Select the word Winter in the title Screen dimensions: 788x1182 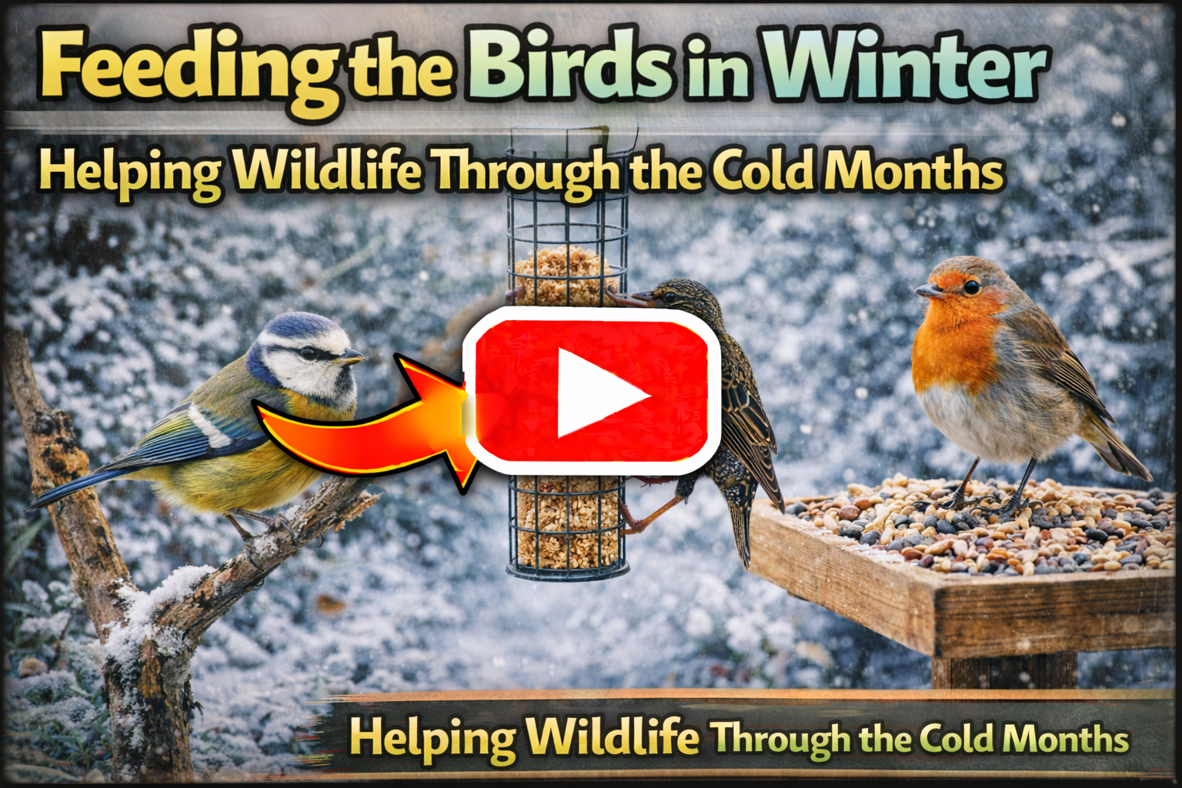904,65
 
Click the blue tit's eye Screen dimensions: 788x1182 309,353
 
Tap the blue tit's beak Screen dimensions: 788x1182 352,357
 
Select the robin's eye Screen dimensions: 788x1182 971,286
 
